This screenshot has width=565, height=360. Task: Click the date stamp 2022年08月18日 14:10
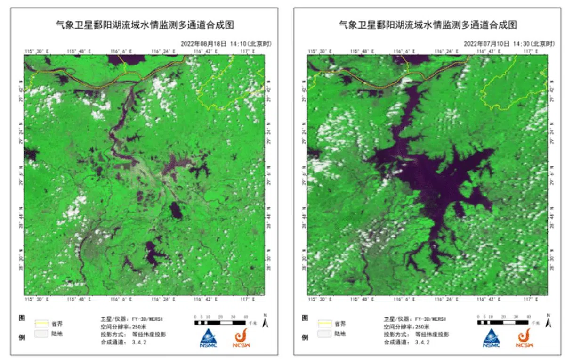pyautogui.click(x=226, y=43)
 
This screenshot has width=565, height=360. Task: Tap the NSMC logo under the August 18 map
pyautogui.click(x=207, y=338)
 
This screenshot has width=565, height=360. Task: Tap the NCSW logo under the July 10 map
pyautogui.click(x=526, y=338)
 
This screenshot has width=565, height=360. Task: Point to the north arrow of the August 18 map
pyautogui.click(x=266, y=321)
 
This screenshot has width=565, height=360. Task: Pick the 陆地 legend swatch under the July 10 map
pyautogui.click(x=325, y=334)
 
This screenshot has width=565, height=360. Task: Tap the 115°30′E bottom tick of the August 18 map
pyautogui.click(x=36, y=299)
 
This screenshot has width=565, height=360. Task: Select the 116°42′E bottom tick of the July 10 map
pyautogui.click(x=489, y=299)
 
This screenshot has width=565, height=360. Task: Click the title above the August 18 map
pyautogui.click(x=145, y=25)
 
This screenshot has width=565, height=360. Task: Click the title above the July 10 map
pyautogui.click(x=428, y=25)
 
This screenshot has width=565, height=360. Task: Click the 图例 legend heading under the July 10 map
pyautogui.click(x=304, y=327)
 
